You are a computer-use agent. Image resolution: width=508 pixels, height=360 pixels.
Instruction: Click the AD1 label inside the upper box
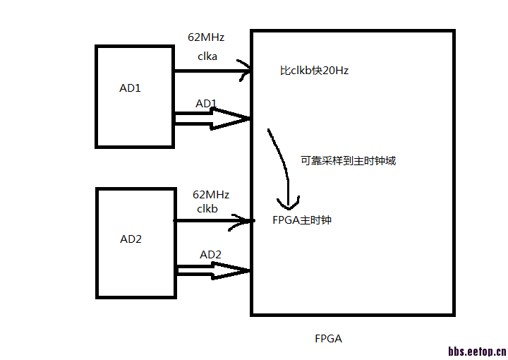130,88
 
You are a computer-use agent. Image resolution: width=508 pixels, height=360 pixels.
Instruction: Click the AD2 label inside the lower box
131,239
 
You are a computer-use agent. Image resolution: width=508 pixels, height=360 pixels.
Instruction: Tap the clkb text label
207,208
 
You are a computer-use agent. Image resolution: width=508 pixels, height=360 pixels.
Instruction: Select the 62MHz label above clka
206,37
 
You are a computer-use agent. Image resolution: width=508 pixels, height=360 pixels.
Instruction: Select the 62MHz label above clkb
210,194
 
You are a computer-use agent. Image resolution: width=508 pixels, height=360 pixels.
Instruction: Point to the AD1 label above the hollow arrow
206,104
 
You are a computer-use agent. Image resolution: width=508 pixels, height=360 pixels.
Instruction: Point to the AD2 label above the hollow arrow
211,254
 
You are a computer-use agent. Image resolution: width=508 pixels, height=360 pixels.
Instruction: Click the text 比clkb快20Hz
315,71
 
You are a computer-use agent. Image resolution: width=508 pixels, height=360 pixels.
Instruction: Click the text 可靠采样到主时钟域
349,160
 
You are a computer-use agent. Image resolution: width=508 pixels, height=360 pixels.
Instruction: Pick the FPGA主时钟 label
302,220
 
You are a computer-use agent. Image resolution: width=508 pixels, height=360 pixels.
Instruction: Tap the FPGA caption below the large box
328,338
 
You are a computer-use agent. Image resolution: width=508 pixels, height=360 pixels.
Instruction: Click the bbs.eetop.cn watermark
477,349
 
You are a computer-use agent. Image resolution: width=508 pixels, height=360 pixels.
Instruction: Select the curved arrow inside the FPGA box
283,169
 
